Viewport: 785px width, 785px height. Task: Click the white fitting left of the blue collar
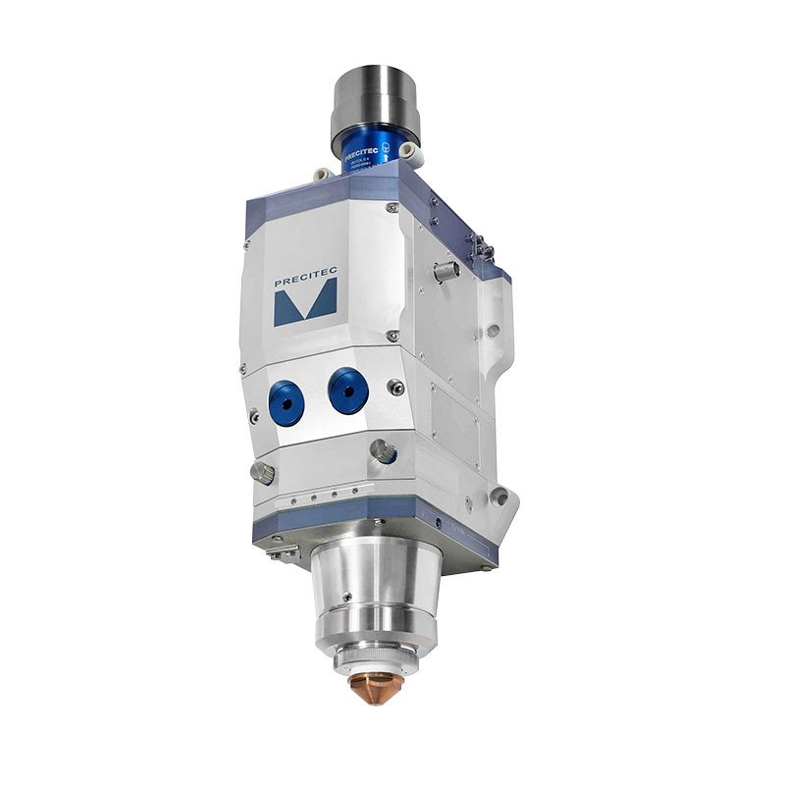point(321,174)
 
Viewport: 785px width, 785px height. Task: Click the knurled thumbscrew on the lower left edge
point(262,473)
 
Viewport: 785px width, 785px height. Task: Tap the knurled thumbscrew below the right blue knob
point(383,451)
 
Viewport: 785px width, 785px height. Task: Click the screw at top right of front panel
point(392,209)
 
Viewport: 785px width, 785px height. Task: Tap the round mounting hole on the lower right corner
point(501,498)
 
